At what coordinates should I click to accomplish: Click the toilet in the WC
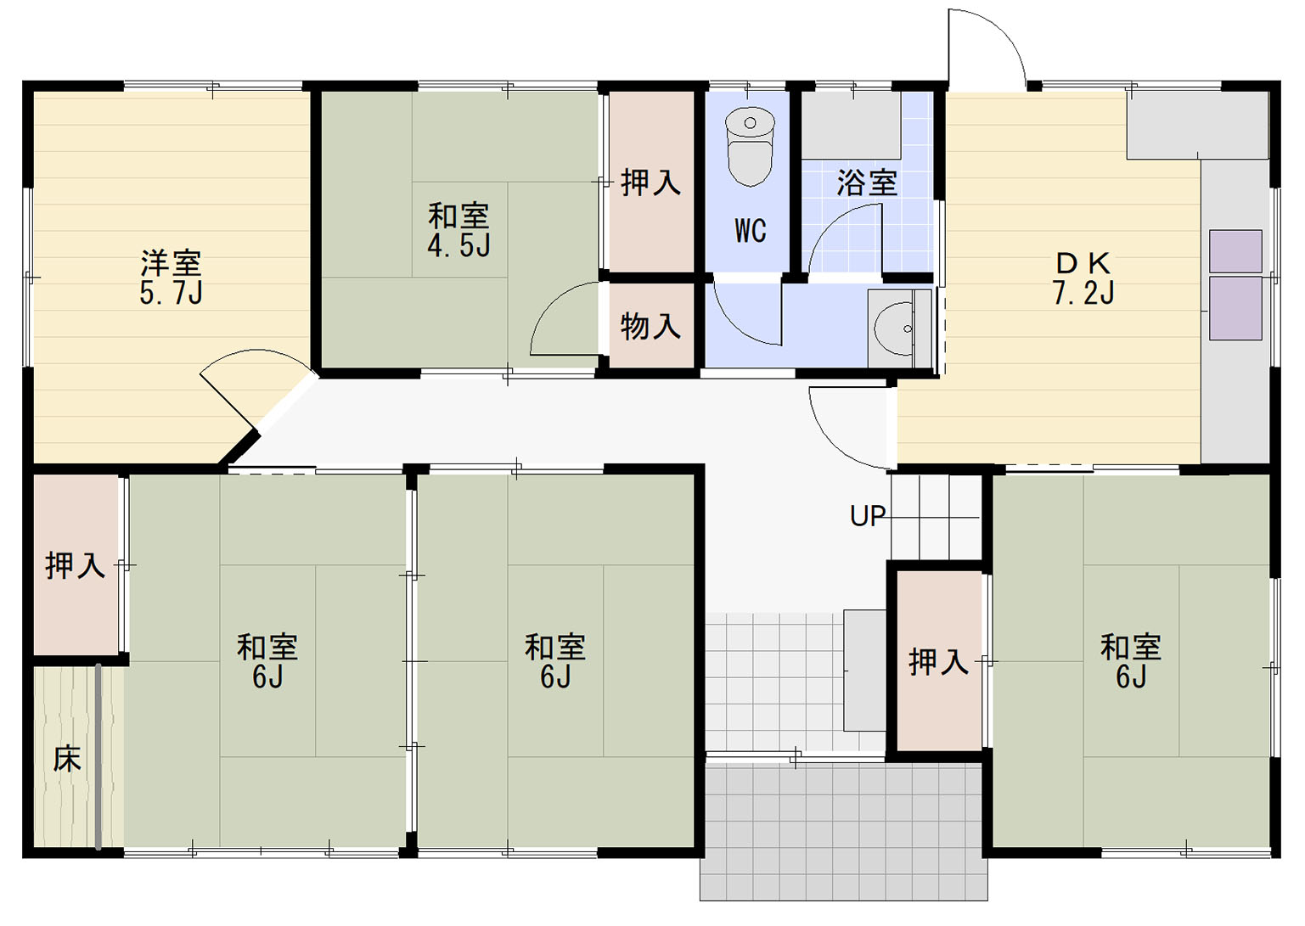point(750,147)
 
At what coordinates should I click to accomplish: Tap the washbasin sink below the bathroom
point(899,328)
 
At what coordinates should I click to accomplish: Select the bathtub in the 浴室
point(851,126)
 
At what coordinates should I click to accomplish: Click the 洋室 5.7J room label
point(171,278)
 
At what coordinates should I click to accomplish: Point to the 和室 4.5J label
point(458,229)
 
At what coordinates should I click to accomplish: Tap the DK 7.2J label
point(1083,278)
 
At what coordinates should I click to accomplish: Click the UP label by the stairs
point(868,516)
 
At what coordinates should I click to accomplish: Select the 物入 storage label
point(650,326)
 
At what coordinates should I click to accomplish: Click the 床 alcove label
point(67,759)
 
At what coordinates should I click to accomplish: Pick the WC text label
point(751,231)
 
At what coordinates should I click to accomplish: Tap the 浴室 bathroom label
point(867,182)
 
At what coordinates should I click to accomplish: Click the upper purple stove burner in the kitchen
point(1235,251)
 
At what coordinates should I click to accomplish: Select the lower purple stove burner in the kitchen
point(1235,308)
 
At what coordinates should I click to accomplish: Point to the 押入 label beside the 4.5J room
point(650,182)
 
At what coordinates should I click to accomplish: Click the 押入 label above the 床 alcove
point(76,565)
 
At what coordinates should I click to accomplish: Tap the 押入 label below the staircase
point(938,661)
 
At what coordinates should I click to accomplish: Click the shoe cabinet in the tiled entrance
point(864,671)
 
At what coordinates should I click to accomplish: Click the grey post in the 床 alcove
point(98,756)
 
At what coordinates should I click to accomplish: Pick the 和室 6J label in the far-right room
point(1131,661)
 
